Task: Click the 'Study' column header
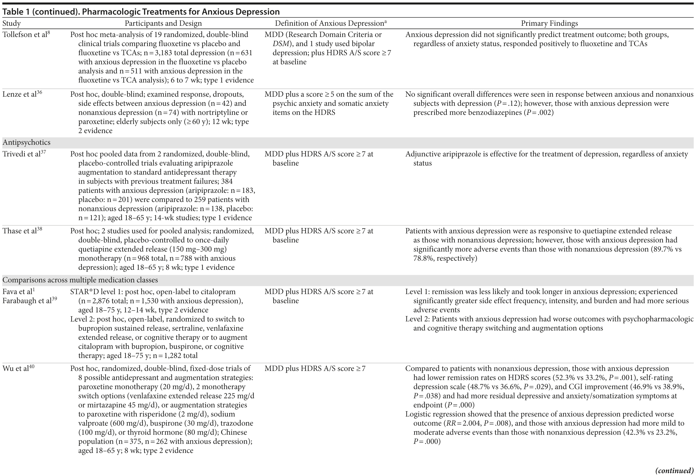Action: coord(12,23)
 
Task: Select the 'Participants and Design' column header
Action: coord(163,23)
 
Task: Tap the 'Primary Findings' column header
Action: coord(549,23)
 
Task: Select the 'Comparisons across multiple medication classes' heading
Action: coord(80,280)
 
